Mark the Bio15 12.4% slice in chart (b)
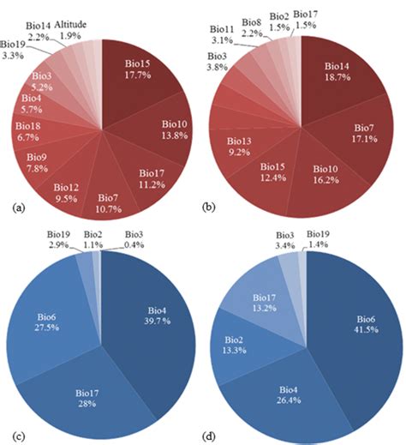[x=274, y=177]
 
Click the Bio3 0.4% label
[x=134, y=240]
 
